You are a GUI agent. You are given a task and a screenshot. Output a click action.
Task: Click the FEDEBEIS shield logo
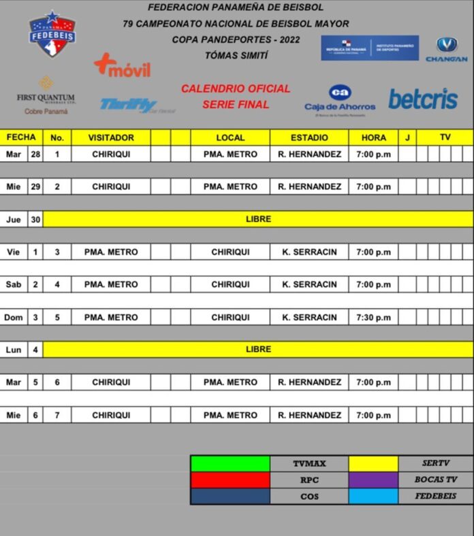52,33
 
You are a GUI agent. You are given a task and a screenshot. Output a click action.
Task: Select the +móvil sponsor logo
122,66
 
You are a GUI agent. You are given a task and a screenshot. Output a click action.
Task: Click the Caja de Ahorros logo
340,99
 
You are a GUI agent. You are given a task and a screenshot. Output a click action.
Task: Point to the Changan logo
447,50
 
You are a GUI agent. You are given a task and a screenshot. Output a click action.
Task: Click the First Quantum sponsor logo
46,95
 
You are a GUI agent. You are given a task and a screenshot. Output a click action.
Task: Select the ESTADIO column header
309,137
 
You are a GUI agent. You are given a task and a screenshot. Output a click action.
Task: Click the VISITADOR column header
111,137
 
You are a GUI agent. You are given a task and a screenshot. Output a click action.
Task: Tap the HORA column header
373,137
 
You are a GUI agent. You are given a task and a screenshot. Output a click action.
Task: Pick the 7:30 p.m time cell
373,317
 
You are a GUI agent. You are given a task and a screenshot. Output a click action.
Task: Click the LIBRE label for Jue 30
258,219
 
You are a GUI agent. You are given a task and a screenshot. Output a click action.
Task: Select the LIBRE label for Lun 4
258,349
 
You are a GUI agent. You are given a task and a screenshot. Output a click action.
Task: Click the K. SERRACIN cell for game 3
309,252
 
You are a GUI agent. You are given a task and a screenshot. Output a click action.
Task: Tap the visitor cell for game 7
111,415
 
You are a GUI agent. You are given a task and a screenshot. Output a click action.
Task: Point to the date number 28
35,154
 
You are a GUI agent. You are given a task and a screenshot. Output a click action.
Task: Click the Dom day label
14,317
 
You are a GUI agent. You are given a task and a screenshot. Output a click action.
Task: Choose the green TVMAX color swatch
230,463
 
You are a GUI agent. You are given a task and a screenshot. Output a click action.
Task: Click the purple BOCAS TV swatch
373,480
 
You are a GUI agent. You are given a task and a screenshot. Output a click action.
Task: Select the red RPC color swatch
230,480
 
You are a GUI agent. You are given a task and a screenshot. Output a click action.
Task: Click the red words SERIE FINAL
236,105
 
